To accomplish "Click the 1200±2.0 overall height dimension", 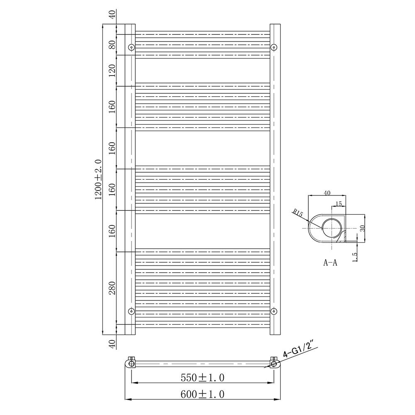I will [98, 179].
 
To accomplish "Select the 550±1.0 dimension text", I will [203, 378].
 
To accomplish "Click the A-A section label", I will [330, 262].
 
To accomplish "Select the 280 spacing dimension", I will [112, 287].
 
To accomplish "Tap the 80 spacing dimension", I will [112, 45].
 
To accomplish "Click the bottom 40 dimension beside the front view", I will [112, 344].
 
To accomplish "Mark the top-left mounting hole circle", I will [132, 47].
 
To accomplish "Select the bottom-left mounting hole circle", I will [132, 311].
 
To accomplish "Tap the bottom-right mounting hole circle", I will [273, 311].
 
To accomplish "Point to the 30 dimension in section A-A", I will [362, 228].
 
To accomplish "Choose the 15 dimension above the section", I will [338, 203].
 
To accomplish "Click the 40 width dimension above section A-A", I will [327, 193].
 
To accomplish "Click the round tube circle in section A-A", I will [332, 229].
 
